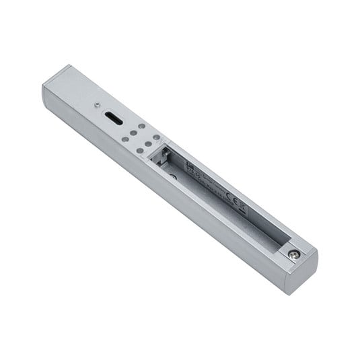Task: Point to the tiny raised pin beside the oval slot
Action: [99, 105]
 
